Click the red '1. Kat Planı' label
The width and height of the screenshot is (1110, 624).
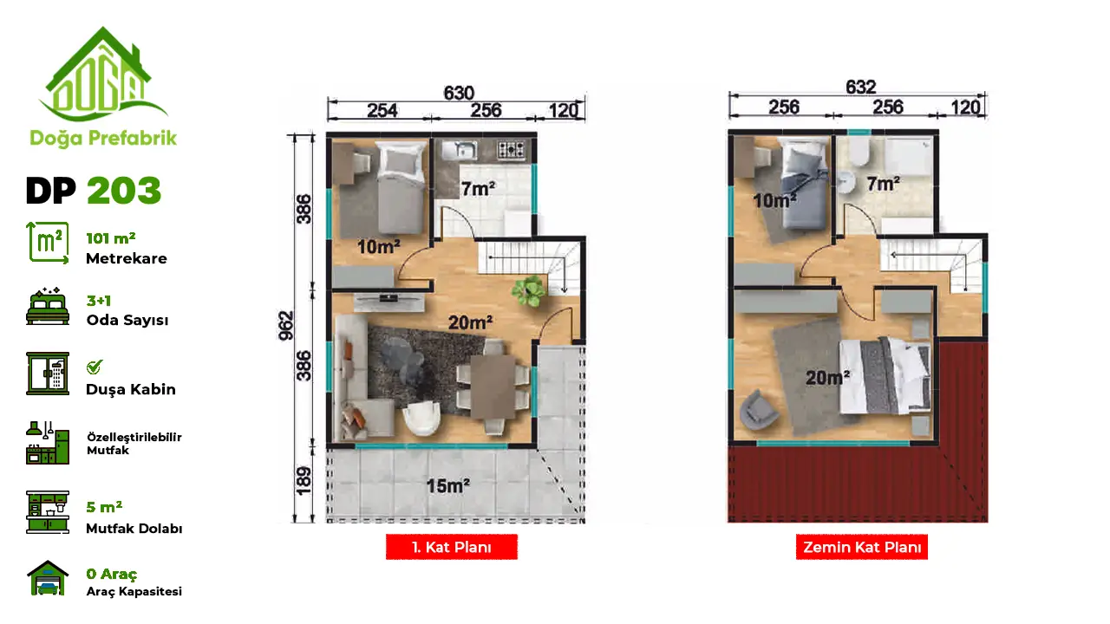(452, 547)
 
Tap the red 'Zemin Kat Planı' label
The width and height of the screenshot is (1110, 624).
(862, 547)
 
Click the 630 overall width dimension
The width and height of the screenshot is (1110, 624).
(459, 93)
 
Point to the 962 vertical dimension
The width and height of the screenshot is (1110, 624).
(286, 325)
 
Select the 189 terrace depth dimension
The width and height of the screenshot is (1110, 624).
(304, 480)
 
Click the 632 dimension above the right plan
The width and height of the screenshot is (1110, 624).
(861, 88)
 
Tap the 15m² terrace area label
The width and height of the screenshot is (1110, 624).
(448, 486)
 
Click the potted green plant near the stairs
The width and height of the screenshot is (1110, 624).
(529, 290)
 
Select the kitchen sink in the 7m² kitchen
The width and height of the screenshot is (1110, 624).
(460, 150)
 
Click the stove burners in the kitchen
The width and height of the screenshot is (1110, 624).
(511, 150)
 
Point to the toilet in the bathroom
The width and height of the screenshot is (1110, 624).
(859, 151)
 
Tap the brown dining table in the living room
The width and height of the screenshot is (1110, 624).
(493, 387)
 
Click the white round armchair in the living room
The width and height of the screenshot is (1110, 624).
(421, 417)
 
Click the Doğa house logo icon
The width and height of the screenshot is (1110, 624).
(103, 75)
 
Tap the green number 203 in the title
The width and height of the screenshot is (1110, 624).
(124, 190)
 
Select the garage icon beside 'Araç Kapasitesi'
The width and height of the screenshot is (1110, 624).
(48, 577)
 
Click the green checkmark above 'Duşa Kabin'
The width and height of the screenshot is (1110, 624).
(95, 367)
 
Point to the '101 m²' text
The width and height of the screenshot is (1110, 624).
(110, 238)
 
